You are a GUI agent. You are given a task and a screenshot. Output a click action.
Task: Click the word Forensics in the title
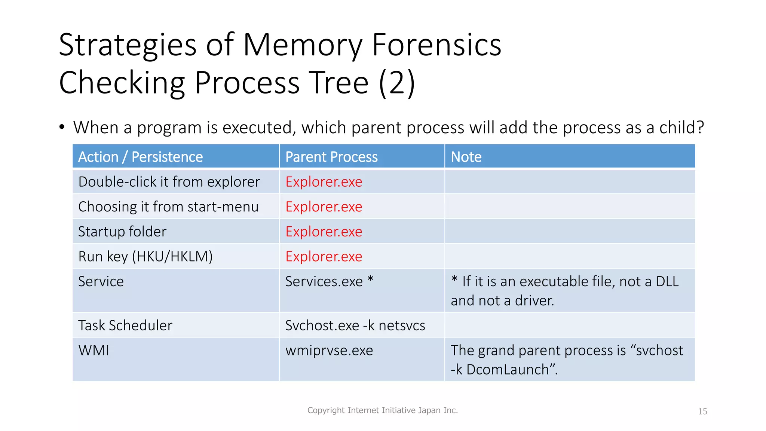click(436, 45)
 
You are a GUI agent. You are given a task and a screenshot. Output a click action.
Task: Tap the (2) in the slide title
click(396, 83)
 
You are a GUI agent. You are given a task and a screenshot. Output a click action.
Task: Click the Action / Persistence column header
click(140, 157)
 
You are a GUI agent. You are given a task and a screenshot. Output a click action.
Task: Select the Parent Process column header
click(331, 157)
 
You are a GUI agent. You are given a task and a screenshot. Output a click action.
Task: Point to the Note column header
click(466, 157)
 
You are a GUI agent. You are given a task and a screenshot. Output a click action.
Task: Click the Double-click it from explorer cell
click(169, 182)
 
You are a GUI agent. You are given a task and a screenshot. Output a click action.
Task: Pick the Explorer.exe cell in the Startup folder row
click(324, 232)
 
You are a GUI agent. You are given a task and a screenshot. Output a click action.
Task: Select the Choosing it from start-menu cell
click(168, 207)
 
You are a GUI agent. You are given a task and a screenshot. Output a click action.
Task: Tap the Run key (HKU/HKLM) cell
click(145, 257)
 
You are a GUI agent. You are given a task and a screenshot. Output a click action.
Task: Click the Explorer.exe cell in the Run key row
click(324, 257)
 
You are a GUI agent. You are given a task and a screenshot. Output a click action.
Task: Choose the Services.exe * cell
click(329, 281)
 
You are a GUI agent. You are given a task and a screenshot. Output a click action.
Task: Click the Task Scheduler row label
click(125, 325)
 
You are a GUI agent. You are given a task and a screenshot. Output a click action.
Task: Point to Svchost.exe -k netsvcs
click(355, 325)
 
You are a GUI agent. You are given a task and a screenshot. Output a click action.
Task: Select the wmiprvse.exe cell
click(329, 351)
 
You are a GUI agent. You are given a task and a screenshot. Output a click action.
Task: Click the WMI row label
click(94, 351)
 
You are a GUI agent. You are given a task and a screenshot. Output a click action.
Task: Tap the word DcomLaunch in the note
click(507, 370)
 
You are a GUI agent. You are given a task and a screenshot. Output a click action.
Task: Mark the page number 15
click(702, 412)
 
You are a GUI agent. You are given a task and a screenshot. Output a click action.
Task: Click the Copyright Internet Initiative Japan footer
click(382, 410)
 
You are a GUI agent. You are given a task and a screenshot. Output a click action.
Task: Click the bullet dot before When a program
click(62, 127)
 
